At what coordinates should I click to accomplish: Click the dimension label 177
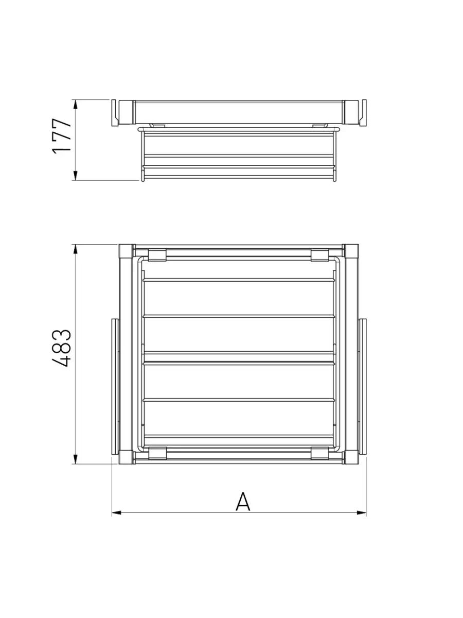tap(62, 136)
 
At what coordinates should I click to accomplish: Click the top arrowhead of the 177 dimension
tap(75, 105)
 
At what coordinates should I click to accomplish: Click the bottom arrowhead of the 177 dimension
tap(75, 175)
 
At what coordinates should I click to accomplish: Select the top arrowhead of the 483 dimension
tap(75, 249)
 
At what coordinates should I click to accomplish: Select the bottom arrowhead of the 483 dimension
tap(75, 459)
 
